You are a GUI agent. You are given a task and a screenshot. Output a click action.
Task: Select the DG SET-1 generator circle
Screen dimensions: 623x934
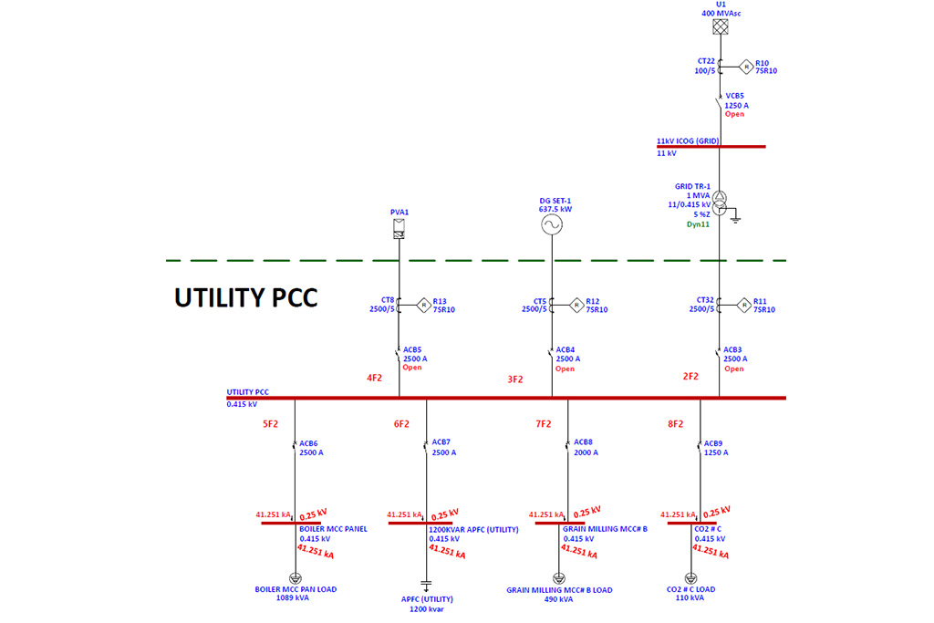[551, 226]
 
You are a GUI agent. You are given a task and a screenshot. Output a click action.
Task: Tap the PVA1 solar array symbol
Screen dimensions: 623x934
[399, 233]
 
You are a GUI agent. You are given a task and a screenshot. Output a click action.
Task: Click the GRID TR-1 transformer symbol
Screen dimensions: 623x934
[720, 202]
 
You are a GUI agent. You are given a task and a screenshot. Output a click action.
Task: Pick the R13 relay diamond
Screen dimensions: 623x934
[422, 305]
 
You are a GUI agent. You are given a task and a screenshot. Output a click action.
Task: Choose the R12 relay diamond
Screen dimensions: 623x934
[576, 305]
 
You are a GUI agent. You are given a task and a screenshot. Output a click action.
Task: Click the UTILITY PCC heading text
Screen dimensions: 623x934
[246, 297]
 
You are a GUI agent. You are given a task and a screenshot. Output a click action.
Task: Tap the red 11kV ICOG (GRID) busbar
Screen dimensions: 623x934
[711, 146]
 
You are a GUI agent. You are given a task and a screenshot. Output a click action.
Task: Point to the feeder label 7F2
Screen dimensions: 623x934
[544, 423]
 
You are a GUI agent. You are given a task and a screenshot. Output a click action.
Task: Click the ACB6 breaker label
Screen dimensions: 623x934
[308, 442]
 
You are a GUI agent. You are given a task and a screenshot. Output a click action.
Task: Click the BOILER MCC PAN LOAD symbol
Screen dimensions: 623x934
[295, 578]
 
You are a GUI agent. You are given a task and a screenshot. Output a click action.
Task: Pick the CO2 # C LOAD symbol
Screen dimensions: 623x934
[690, 578]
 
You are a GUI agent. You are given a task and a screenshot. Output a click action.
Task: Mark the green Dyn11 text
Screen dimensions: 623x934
[698, 223]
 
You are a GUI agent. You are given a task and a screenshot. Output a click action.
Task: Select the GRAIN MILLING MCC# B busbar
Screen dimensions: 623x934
[559, 524]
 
